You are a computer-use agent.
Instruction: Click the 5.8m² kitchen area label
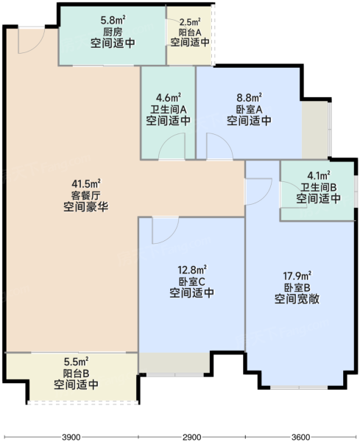(113, 21)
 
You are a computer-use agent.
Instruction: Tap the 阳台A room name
(190, 32)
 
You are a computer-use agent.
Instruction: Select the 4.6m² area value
(169, 98)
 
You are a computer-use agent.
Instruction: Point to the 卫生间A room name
(169, 109)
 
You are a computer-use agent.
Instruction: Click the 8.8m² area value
(250, 98)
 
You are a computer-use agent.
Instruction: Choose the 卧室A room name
(250, 109)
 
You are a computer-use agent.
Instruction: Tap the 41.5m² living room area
(86, 183)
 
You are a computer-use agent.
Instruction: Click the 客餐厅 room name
(86, 195)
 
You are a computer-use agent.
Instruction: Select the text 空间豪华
(86, 207)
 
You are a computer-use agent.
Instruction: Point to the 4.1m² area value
(319, 176)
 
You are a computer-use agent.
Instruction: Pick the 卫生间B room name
(319, 187)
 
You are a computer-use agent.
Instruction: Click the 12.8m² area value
(192, 270)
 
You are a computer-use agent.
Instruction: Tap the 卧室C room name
(192, 281)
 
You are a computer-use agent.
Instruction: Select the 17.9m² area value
(297, 276)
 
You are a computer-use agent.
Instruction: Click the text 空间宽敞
(297, 299)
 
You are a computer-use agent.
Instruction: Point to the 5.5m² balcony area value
(77, 361)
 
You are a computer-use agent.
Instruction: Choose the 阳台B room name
(77, 373)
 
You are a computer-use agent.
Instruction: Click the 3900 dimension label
(71, 437)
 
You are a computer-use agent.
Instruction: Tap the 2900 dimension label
(192, 437)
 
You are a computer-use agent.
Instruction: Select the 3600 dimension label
(300, 437)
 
